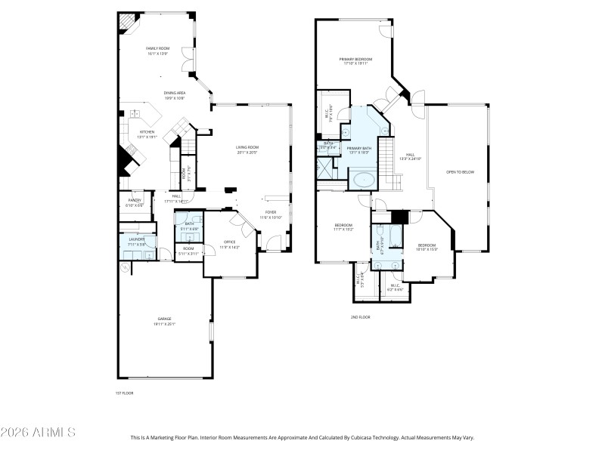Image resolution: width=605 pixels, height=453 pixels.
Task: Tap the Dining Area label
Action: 175,93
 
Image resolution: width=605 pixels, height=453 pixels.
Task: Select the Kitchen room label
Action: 147,132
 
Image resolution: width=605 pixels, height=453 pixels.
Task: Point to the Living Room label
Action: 247,147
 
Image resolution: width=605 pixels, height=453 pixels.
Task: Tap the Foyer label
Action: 270,212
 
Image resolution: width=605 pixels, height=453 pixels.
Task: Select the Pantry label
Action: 135,201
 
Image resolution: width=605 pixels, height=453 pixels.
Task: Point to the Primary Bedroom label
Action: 353,58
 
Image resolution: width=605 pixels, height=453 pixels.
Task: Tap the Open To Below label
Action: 460,172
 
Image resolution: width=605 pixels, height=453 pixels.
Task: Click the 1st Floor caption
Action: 125,393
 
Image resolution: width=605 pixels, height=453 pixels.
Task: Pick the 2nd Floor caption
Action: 360,317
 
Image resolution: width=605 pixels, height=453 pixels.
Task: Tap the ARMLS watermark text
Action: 38,433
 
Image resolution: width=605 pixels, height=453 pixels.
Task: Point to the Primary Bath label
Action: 359,148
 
